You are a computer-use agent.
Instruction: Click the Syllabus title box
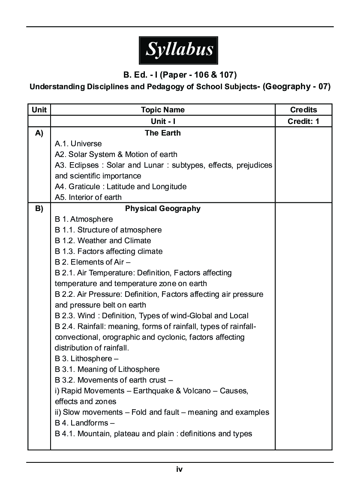coord(179,50)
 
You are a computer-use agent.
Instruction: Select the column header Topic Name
coord(162,110)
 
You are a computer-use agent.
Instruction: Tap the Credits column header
coord(303,110)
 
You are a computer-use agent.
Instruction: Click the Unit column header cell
coord(39,110)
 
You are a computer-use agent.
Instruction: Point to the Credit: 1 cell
coord(303,121)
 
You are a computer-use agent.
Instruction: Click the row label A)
coord(39,133)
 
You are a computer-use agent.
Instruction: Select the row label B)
coord(39,209)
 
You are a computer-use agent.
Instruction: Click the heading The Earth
coord(162,133)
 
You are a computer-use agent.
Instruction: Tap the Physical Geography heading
coord(162,209)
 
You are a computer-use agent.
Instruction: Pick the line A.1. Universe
coord(78,144)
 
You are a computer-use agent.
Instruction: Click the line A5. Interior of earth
coord(88,197)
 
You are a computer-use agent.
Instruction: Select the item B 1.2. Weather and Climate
coord(103,241)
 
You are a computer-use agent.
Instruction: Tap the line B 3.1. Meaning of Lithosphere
coord(107,369)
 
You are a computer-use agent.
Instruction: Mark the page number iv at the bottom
coord(180,469)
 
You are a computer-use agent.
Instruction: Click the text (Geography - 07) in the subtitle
coord(296,86)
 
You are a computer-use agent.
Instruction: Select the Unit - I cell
coord(162,121)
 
